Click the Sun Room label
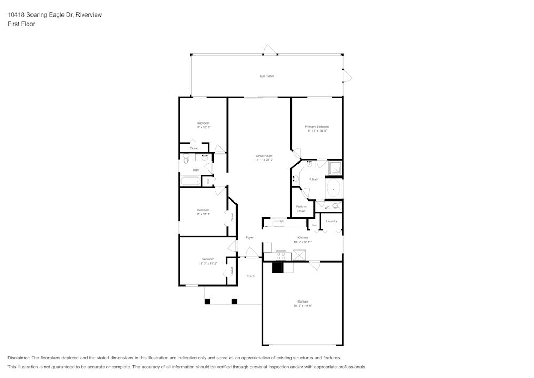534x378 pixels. (x=266, y=76)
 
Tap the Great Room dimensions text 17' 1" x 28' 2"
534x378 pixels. (x=264, y=159)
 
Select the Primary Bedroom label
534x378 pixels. (x=317, y=127)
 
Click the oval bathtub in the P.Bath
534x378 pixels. (x=333, y=188)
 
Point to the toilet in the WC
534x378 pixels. (x=336, y=205)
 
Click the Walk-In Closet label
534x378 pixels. (x=301, y=209)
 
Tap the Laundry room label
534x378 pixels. (x=332, y=221)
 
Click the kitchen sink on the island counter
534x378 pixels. (x=278, y=222)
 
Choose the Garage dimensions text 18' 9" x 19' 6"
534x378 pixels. (x=302, y=306)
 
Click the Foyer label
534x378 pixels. (x=249, y=237)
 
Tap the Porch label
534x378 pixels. (x=250, y=276)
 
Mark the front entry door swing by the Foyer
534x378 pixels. (x=252, y=253)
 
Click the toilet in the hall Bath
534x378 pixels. (x=186, y=159)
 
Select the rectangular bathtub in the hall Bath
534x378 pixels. (x=190, y=181)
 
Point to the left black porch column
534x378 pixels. (x=207, y=302)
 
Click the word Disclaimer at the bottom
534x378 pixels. (x=19, y=358)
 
